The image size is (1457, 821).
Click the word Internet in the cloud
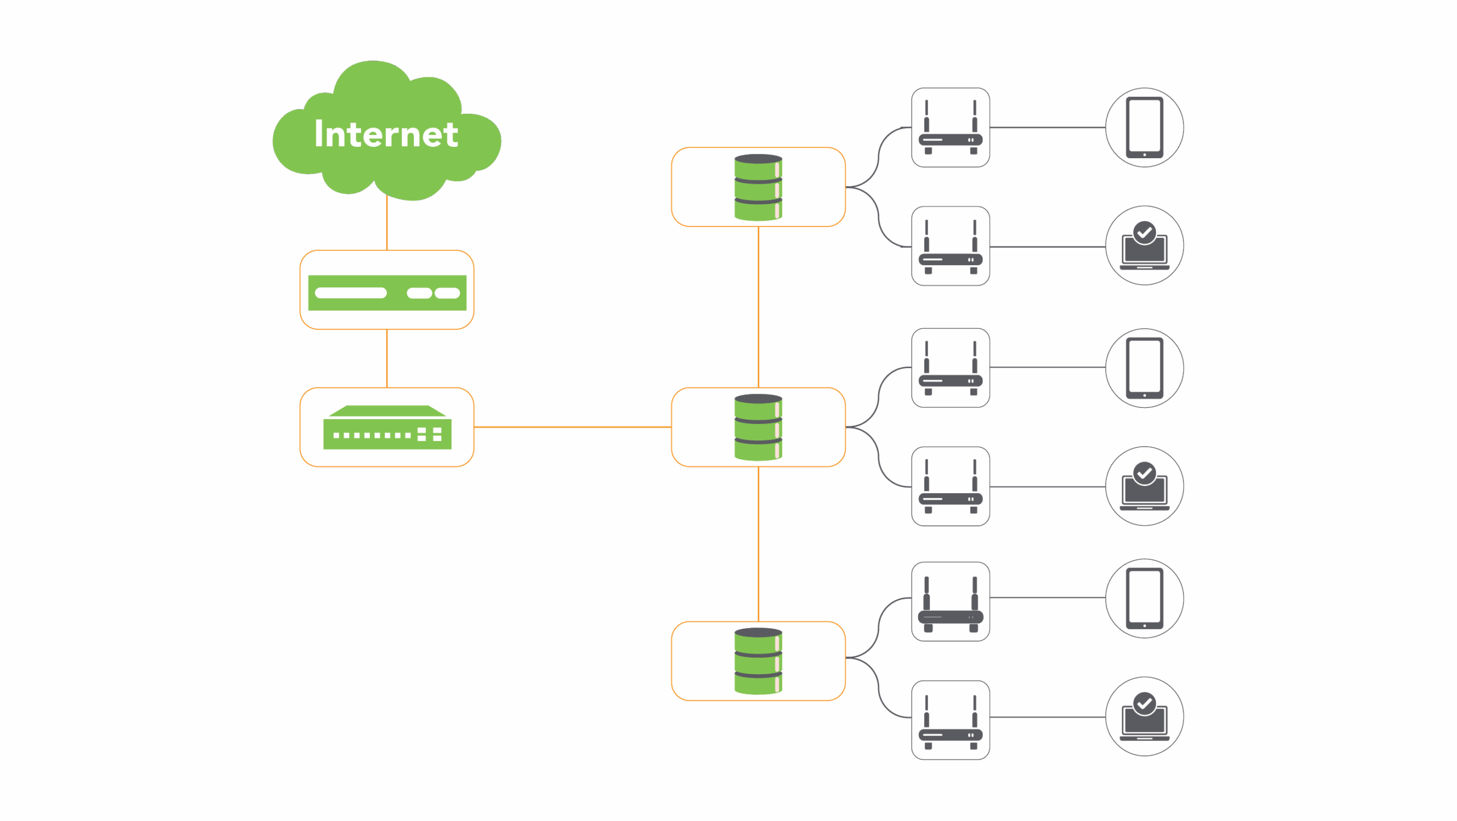pos(386,134)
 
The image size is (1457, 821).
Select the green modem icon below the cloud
pos(387,292)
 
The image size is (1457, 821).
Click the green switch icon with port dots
pos(387,428)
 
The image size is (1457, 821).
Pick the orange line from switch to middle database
pos(572,427)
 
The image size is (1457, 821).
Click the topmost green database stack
pos(758,187)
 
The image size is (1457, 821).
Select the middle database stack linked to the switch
pos(758,427)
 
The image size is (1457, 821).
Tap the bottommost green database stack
pos(758,661)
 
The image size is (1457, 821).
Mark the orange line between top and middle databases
pos(759,307)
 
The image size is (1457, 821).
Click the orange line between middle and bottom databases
pos(759,544)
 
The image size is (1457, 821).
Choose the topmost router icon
pos(950,127)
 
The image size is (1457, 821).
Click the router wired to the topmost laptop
pos(950,246)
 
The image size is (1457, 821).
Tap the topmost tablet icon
pos(1145,127)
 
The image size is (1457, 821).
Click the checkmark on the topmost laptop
pos(1145,232)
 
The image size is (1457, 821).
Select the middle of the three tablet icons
pos(1145,368)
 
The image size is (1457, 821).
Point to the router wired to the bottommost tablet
pos(950,602)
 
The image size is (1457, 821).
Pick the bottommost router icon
pos(950,720)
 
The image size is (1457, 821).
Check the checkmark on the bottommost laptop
pos(1145,703)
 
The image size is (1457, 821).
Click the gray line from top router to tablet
pos(1047,127)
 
